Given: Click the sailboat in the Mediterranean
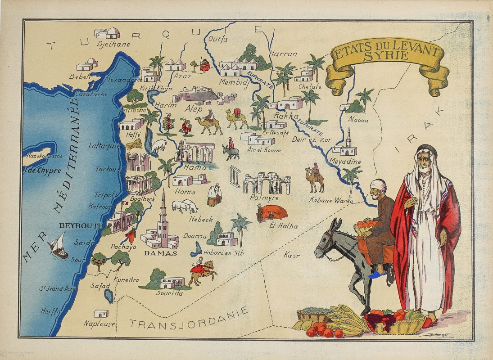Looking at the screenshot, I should point(58,245).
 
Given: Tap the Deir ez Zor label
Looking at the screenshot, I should point(312,139).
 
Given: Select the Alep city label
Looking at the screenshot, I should point(194,109).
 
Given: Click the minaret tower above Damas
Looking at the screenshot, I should point(163,211).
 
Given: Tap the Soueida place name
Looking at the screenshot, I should point(169,293).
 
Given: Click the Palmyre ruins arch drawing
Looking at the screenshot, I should point(267,182).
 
